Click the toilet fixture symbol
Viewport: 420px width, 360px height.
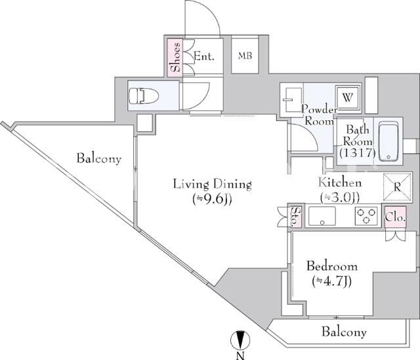(144, 96)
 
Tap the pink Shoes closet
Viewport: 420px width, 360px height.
(175, 57)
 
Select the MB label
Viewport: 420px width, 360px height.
(245, 56)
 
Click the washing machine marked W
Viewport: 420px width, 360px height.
(347, 98)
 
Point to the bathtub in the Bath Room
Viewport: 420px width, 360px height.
(388, 141)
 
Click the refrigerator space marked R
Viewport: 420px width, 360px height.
(397, 187)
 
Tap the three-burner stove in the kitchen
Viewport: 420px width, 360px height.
(366, 215)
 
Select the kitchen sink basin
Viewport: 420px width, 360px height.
(322, 215)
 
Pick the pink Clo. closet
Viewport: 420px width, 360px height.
(395, 217)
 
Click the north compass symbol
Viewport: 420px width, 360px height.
(240, 340)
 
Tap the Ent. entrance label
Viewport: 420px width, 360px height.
(204, 56)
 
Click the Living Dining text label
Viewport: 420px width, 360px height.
(212, 185)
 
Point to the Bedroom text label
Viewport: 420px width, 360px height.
(332, 267)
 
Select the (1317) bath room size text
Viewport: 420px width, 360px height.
(357, 153)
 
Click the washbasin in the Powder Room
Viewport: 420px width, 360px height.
(291, 100)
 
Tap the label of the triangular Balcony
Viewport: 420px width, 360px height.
(99, 158)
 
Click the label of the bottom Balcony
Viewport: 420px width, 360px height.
(344, 332)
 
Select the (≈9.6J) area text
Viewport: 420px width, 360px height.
(212, 199)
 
